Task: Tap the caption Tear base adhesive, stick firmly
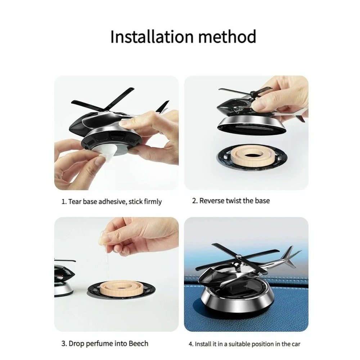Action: [111, 202]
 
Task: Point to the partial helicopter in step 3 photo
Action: [65, 279]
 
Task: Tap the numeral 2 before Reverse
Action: [194, 201]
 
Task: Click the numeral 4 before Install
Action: [190, 344]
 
